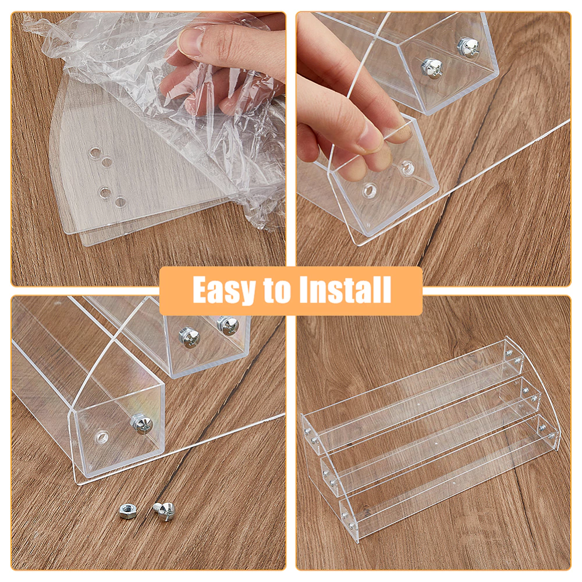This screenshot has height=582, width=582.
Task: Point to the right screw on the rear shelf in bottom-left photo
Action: point(225,324)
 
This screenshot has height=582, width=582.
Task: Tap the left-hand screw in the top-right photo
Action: point(430,66)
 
